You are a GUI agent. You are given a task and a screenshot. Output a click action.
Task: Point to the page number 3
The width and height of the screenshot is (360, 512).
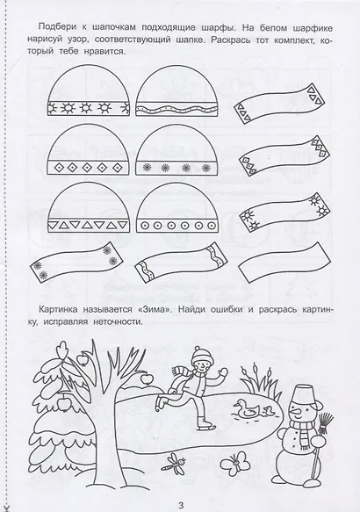pyautogui.click(x=180, y=502)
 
